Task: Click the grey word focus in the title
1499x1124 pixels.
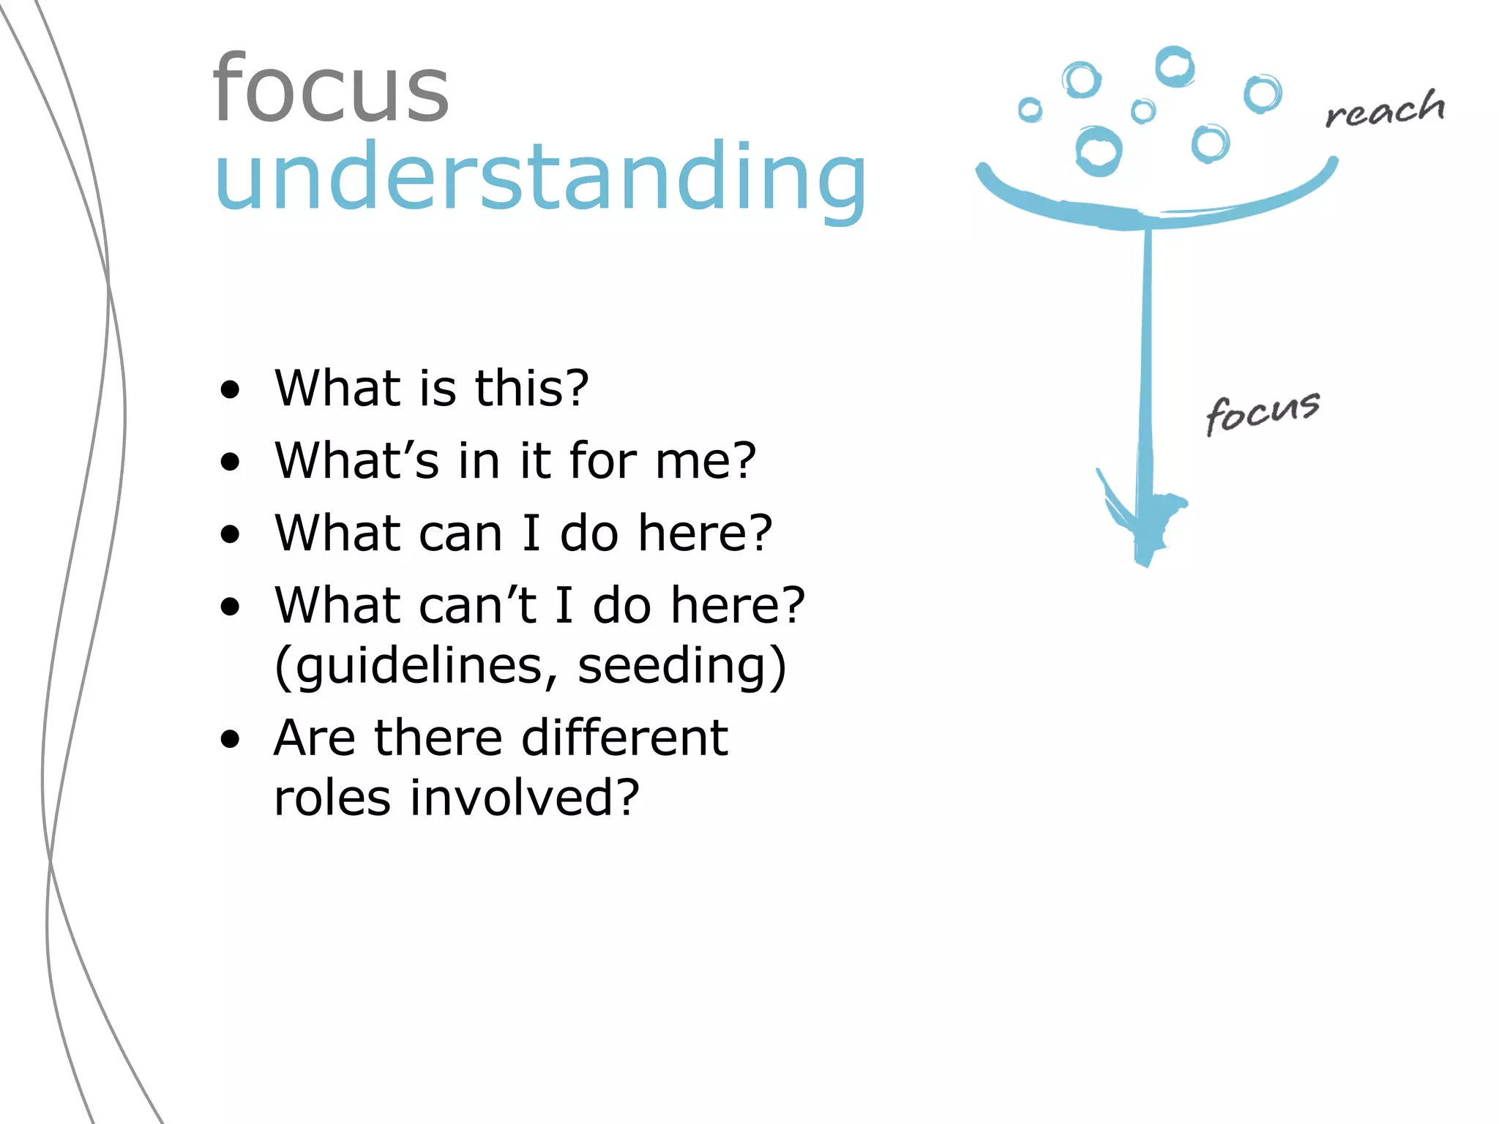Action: click(331, 89)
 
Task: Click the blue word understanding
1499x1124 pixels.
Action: click(540, 177)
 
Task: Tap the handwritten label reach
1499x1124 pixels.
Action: click(1385, 110)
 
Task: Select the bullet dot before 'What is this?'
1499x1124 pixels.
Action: click(230, 390)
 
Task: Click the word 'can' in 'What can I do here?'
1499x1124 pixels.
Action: click(460, 533)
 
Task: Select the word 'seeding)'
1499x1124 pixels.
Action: click(681, 666)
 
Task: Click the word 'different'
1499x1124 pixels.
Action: click(624, 737)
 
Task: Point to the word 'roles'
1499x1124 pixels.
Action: click(332, 797)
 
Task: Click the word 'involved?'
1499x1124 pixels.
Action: click(524, 797)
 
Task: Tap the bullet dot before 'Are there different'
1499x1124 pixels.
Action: click(230, 739)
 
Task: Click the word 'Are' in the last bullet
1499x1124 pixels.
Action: click(314, 738)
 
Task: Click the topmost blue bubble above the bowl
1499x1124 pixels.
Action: click(1175, 67)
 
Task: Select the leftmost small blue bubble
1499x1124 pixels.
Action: click(1030, 110)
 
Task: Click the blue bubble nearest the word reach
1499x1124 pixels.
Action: click(1263, 94)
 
